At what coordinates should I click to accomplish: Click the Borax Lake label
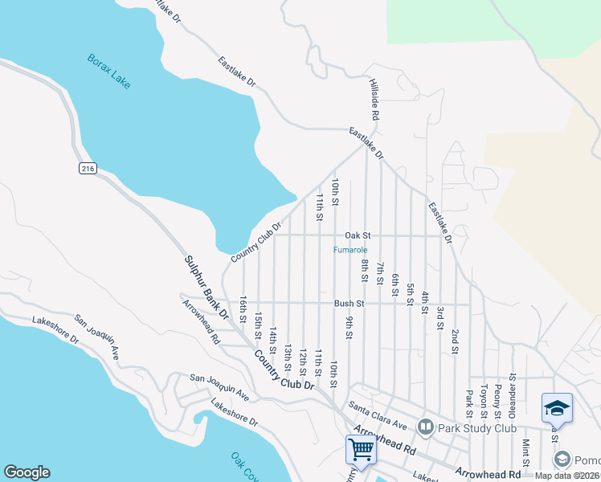(x=108, y=71)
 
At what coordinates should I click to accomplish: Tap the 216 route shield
(x=88, y=168)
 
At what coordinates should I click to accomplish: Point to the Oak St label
(x=358, y=235)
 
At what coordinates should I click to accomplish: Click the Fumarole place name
(x=351, y=250)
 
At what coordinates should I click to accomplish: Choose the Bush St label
(x=350, y=304)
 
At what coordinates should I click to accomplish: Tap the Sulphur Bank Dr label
(x=207, y=287)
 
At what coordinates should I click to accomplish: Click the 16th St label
(x=243, y=309)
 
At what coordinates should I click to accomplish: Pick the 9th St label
(x=350, y=329)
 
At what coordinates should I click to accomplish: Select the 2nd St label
(x=455, y=341)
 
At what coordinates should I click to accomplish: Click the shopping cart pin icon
(x=361, y=451)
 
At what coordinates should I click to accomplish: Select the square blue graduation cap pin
(x=557, y=408)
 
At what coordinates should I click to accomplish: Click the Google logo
(x=27, y=472)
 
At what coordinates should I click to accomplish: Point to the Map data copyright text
(x=567, y=476)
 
